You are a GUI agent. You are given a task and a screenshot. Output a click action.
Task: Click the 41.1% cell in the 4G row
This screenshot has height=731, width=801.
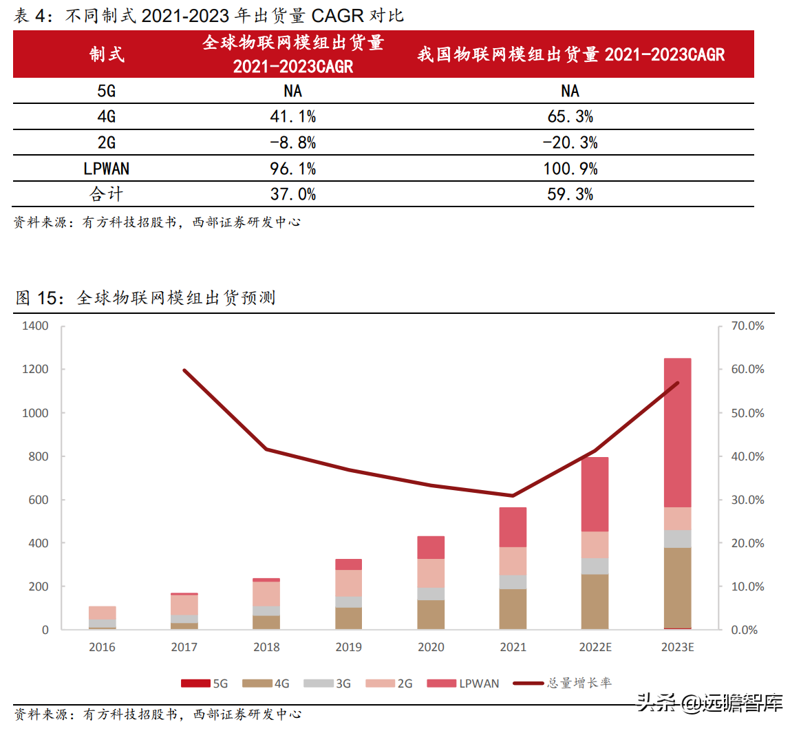[292, 117]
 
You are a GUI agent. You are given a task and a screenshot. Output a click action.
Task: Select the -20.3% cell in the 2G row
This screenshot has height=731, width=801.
[570, 143]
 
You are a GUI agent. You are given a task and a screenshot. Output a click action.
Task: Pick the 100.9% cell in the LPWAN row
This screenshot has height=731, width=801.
[570, 169]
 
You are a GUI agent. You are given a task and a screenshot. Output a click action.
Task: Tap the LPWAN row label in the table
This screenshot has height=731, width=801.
[106, 169]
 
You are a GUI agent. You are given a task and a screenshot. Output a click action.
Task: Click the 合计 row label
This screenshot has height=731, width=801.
[106, 195]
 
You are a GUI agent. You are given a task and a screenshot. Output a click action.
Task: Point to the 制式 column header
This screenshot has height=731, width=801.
[106, 54]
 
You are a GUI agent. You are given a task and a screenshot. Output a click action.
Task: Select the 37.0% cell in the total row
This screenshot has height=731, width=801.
[292, 195]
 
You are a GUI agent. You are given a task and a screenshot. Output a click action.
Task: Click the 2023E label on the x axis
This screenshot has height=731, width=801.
[677, 647]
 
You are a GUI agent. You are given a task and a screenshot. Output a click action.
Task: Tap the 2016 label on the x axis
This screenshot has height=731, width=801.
[102, 647]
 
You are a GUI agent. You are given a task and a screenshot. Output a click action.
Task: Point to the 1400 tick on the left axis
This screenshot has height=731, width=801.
[35, 326]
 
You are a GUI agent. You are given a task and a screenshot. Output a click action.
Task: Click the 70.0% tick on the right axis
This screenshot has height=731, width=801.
[747, 326]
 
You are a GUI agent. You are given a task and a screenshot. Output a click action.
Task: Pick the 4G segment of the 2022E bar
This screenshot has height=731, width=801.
[595, 602]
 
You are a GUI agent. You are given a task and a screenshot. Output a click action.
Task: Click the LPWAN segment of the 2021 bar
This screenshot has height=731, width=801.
[513, 527]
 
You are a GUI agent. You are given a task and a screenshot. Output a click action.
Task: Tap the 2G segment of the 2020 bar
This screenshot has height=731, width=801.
[431, 573]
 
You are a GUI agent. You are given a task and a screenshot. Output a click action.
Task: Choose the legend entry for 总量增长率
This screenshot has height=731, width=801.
[562, 683]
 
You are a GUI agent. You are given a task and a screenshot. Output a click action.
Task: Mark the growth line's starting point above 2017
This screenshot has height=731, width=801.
[184, 370]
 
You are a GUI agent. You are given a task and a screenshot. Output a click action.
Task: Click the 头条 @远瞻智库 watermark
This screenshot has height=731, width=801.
[709, 703]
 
